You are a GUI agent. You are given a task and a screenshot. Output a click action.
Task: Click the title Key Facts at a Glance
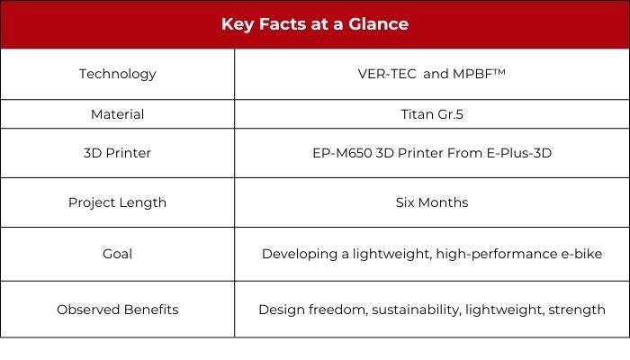(315, 24)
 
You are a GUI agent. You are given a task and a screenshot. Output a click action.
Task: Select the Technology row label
(117, 75)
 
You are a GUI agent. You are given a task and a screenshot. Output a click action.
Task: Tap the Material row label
(117, 114)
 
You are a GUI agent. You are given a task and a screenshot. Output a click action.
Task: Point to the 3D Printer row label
(117, 153)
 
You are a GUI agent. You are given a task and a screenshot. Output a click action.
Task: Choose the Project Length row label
(117, 202)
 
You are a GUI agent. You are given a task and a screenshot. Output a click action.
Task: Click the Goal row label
(117, 254)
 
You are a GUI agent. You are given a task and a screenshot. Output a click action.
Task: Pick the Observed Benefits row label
(117, 310)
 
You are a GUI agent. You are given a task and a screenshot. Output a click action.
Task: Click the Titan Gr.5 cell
(432, 114)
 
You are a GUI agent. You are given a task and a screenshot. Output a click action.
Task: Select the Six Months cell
(432, 202)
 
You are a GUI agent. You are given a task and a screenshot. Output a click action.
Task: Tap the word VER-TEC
(387, 74)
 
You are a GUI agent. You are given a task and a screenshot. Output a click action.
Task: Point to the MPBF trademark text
(479, 74)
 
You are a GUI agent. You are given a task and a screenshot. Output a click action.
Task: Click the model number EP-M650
(342, 153)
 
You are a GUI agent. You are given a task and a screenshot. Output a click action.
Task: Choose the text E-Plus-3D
(519, 153)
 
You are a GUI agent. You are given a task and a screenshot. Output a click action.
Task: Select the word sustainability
(416, 310)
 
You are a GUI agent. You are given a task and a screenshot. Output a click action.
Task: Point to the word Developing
(300, 255)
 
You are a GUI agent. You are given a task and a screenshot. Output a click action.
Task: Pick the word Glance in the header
(379, 24)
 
